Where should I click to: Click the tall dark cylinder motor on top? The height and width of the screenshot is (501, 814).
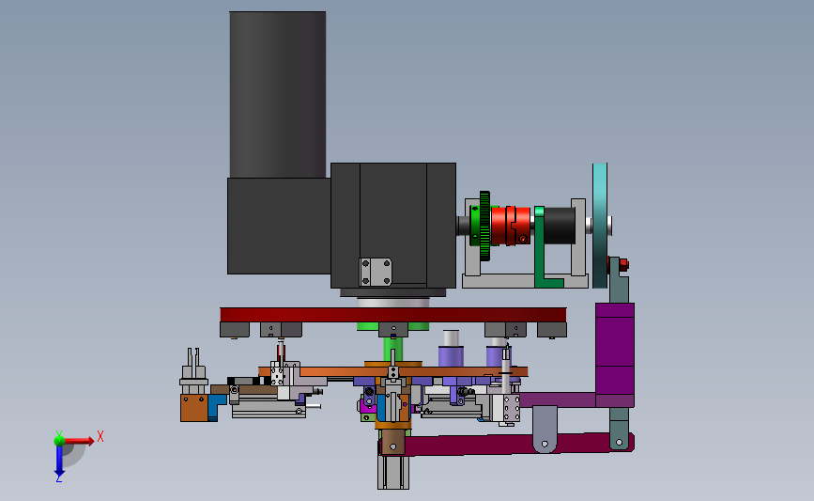click(x=278, y=95)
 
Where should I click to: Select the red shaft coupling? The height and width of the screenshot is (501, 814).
click(x=511, y=226)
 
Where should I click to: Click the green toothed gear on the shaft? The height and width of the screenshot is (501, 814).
click(x=484, y=226)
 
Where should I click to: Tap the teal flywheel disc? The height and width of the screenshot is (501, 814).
click(x=600, y=226)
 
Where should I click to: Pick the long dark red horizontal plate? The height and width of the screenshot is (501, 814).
click(x=393, y=315)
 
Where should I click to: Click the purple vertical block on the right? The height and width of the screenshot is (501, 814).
click(x=615, y=354)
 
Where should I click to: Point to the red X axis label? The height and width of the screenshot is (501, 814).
click(x=100, y=436)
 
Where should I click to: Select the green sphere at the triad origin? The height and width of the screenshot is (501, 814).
click(x=59, y=441)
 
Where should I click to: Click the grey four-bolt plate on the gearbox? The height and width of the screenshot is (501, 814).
click(x=376, y=272)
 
